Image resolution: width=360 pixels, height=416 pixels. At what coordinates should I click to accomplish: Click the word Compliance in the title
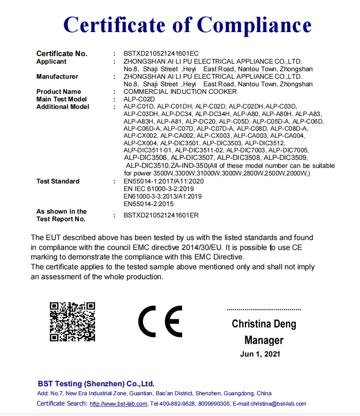point(254,25)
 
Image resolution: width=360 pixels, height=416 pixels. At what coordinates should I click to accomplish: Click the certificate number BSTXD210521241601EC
point(161,54)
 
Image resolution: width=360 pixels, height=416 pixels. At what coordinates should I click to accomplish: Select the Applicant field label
point(51,62)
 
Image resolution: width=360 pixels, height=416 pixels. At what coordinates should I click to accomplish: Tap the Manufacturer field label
point(57,76)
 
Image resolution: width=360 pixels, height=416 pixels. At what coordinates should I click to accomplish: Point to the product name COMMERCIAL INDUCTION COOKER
point(180,92)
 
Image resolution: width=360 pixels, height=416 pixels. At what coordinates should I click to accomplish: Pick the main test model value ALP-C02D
point(136,99)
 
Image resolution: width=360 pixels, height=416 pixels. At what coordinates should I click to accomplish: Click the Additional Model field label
point(63,107)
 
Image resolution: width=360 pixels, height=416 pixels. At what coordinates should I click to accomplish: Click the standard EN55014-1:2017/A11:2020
point(163,181)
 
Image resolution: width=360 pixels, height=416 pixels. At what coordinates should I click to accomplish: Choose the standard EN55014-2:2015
point(149,204)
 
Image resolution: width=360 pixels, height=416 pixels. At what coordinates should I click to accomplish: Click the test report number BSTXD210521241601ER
point(161,215)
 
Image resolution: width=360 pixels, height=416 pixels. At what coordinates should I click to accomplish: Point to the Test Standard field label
point(58,181)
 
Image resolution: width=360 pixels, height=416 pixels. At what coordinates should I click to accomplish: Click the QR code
point(73,322)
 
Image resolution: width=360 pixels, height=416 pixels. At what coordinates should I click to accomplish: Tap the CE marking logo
point(160,321)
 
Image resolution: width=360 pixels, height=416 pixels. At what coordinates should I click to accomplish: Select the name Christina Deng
point(264,324)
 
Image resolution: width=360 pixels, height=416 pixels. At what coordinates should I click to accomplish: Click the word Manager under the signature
point(264,340)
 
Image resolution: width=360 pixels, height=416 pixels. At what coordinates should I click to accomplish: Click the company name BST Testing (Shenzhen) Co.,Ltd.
point(96,383)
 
